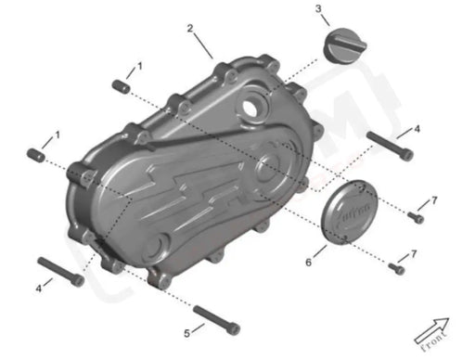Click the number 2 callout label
click(190, 28)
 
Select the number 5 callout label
click(186, 332)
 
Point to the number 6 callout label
click(309, 264)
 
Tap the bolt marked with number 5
click(218, 318)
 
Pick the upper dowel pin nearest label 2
click(119, 86)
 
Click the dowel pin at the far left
click(36, 153)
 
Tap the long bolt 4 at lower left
click(61, 271)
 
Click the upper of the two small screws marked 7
click(416, 218)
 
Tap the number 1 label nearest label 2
click(140, 67)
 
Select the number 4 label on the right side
click(417, 128)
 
